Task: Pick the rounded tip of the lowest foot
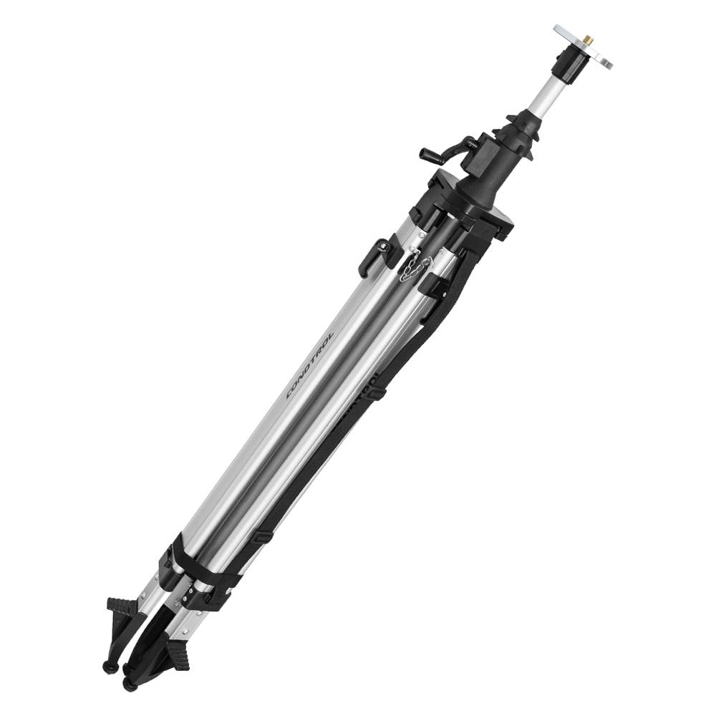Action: pos(127,669)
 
